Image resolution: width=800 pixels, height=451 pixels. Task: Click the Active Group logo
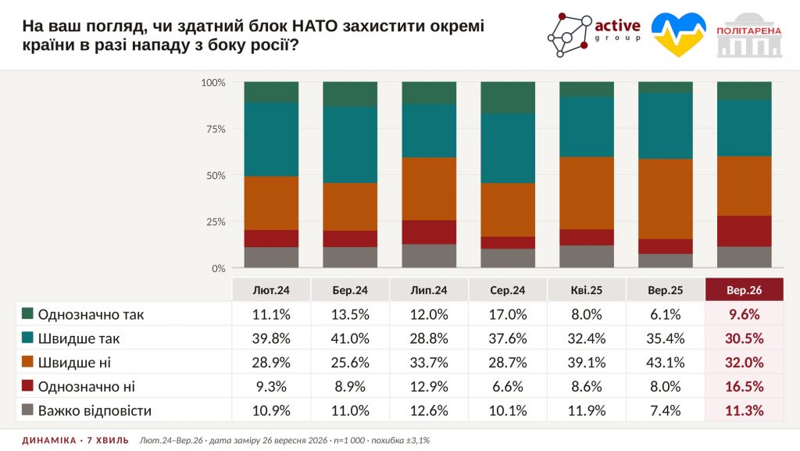click(x=594, y=34)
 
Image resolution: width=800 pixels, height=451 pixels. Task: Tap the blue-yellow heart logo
click(x=679, y=34)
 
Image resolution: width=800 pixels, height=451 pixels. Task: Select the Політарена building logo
click(x=749, y=34)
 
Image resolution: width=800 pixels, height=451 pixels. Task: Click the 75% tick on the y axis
click(x=216, y=129)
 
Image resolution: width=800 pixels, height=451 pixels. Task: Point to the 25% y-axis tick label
click(x=216, y=222)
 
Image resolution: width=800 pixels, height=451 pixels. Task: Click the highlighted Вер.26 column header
click(x=745, y=290)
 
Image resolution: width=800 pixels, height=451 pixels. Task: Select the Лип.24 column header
click(x=429, y=290)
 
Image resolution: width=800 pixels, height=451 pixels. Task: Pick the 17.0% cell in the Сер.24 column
click(x=508, y=314)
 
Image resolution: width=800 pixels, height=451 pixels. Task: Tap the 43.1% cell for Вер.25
click(x=666, y=362)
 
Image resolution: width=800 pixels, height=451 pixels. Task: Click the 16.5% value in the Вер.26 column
click(x=745, y=386)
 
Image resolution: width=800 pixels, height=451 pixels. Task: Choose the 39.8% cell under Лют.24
click(x=271, y=338)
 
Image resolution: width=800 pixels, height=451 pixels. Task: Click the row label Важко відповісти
click(x=95, y=410)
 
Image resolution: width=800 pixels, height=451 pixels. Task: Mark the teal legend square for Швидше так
click(x=27, y=337)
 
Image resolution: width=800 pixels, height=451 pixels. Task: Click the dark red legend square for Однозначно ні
click(x=27, y=385)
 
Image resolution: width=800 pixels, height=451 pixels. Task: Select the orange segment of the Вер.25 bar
click(x=666, y=199)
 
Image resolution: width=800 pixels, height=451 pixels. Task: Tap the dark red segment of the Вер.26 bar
click(x=745, y=231)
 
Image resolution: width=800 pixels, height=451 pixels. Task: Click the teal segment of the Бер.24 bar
click(x=350, y=145)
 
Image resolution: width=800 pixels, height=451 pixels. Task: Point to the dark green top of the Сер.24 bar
click(x=508, y=98)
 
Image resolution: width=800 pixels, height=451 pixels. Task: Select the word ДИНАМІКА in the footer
click(x=49, y=440)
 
